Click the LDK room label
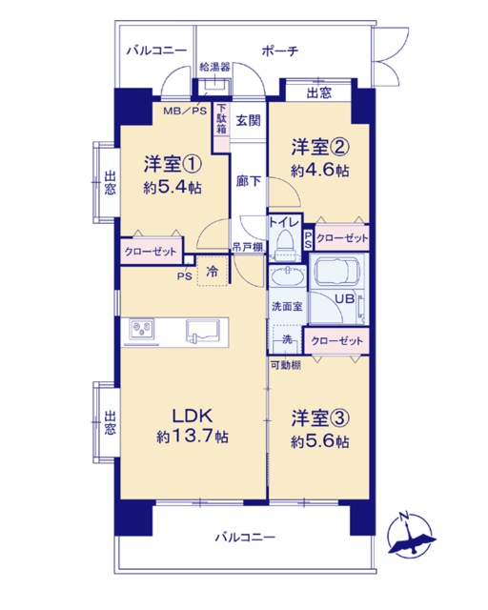(x=193, y=416)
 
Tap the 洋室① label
(x=173, y=164)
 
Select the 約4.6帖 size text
(x=320, y=170)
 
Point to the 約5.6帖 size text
(x=320, y=441)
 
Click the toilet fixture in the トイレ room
(x=285, y=244)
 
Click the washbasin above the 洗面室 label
(x=288, y=277)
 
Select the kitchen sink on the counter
(x=202, y=331)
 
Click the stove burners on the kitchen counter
(x=142, y=330)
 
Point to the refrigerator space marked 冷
(x=213, y=271)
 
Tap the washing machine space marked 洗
(x=287, y=339)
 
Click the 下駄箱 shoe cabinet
(x=221, y=127)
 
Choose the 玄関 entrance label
(x=248, y=121)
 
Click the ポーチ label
(x=280, y=51)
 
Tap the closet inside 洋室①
(x=151, y=251)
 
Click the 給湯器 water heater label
(x=214, y=67)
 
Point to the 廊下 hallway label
(x=248, y=181)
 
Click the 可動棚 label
(x=286, y=365)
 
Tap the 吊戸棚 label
(x=247, y=247)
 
